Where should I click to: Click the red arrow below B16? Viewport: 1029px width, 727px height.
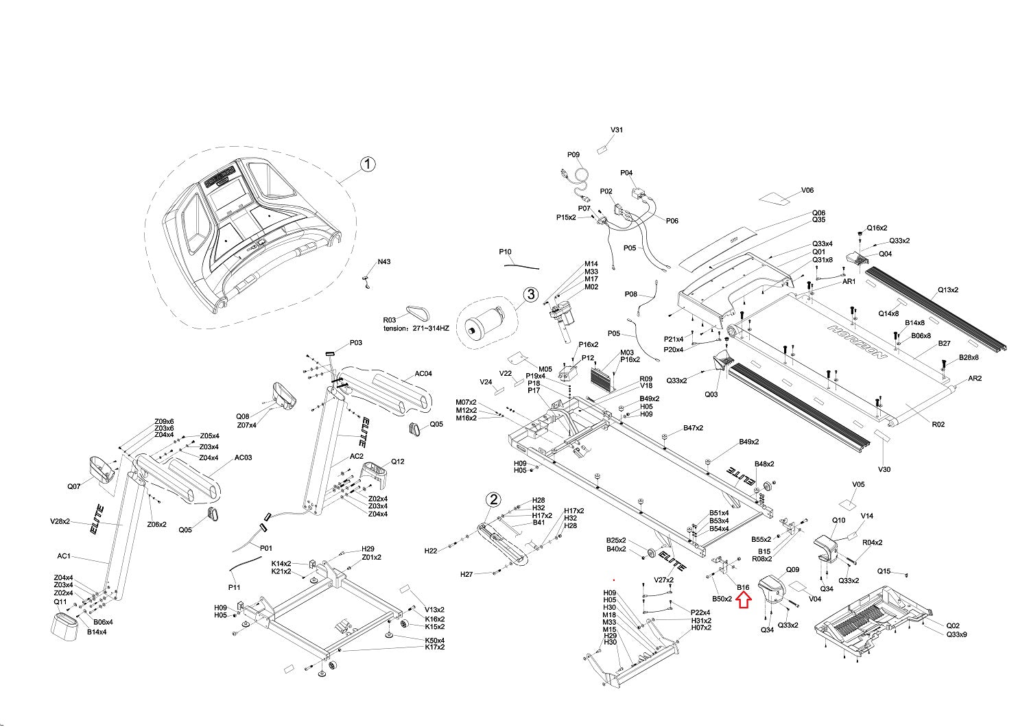744,601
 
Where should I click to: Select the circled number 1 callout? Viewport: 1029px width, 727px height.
368,164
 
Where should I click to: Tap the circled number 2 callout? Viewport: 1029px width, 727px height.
493,499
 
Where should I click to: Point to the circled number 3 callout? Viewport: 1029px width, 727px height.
531,294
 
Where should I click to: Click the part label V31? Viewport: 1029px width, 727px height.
617,130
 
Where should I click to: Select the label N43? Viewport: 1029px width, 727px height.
384,262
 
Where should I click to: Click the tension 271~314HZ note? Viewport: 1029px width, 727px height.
416,329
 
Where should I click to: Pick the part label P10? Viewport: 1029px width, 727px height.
506,252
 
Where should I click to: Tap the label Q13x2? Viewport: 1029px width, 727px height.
948,290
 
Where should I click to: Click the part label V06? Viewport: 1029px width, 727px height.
807,190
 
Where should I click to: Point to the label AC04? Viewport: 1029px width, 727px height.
423,373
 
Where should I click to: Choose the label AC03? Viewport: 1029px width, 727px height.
244,457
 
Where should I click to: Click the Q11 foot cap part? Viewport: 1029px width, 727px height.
65,625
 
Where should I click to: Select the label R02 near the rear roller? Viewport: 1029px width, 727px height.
938,425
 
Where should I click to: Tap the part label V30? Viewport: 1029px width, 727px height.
884,469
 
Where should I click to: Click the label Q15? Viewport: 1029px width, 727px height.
884,571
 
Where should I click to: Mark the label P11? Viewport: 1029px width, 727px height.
235,587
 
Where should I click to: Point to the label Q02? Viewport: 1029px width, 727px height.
953,625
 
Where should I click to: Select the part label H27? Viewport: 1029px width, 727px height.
466,574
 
